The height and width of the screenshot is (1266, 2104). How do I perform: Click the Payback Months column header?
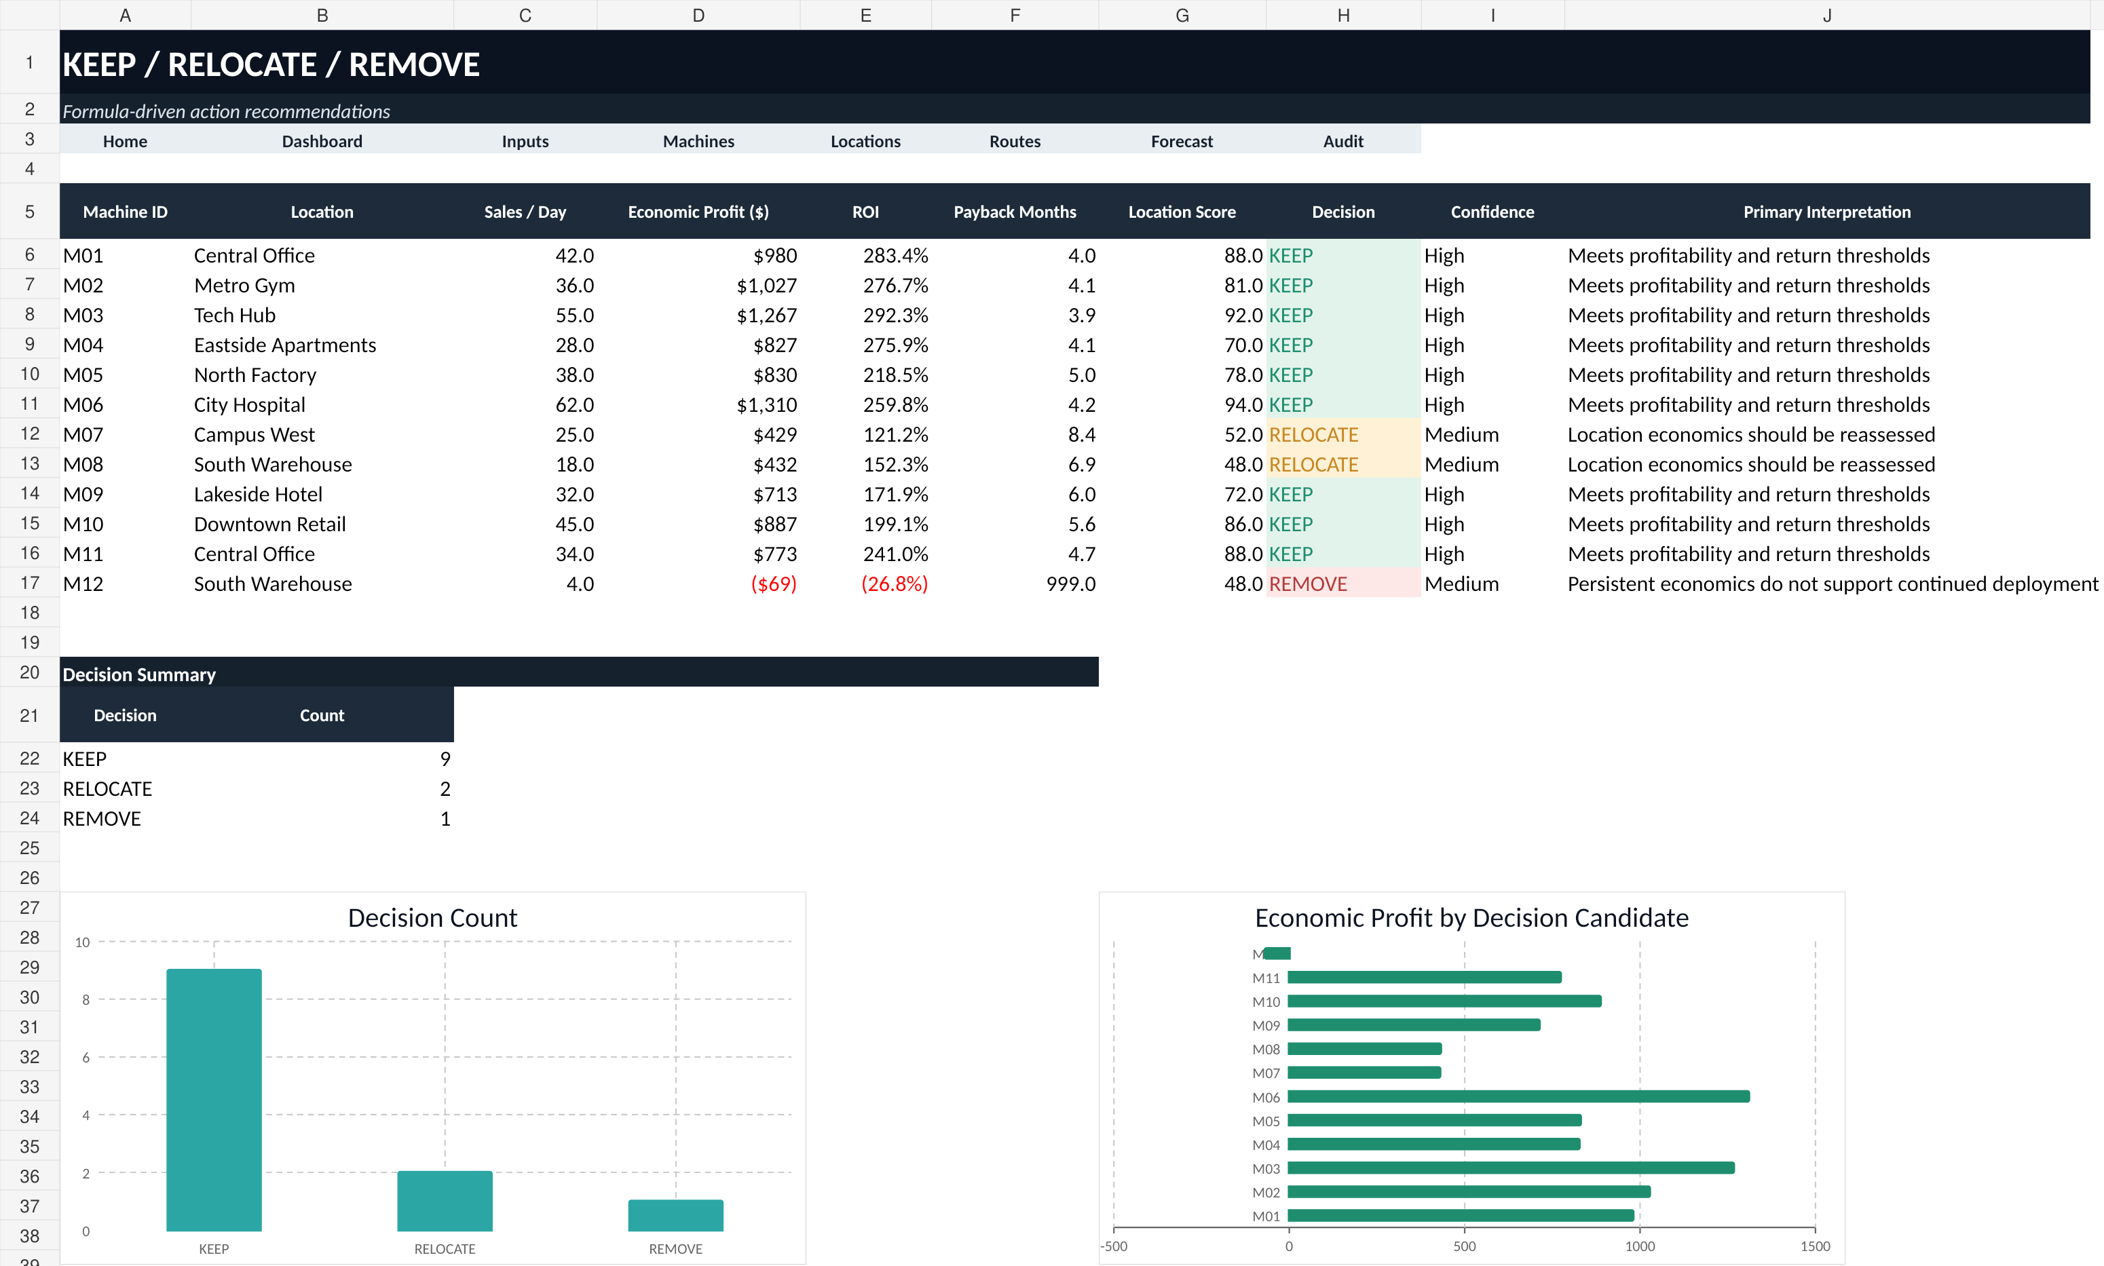pyautogui.click(x=1015, y=212)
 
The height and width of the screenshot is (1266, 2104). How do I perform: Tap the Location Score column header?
pyautogui.click(x=1182, y=212)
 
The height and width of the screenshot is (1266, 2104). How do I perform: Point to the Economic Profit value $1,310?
pyautogui.click(x=766, y=404)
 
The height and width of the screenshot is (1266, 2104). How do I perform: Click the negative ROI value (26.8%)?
pyautogui.click(x=894, y=583)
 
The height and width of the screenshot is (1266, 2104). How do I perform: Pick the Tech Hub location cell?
pyautogui.click(x=235, y=315)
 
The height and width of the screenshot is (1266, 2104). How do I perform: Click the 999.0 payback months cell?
pyautogui.click(x=1071, y=583)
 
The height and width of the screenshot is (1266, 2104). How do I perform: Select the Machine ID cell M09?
pyautogui.click(x=83, y=494)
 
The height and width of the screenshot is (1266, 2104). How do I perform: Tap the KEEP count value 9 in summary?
pyautogui.click(x=445, y=759)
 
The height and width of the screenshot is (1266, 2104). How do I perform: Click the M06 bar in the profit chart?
pyautogui.click(x=1519, y=1096)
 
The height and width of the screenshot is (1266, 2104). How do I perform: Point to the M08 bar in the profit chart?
pyautogui.click(x=1365, y=1048)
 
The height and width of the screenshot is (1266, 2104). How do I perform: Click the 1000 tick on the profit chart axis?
pyautogui.click(x=1639, y=1246)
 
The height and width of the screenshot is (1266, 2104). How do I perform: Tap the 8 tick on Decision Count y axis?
pyautogui.click(x=86, y=1000)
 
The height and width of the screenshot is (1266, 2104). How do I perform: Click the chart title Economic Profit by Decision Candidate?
pyautogui.click(x=1471, y=918)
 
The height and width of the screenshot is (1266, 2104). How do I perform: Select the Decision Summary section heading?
pyautogui.click(x=139, y=674)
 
